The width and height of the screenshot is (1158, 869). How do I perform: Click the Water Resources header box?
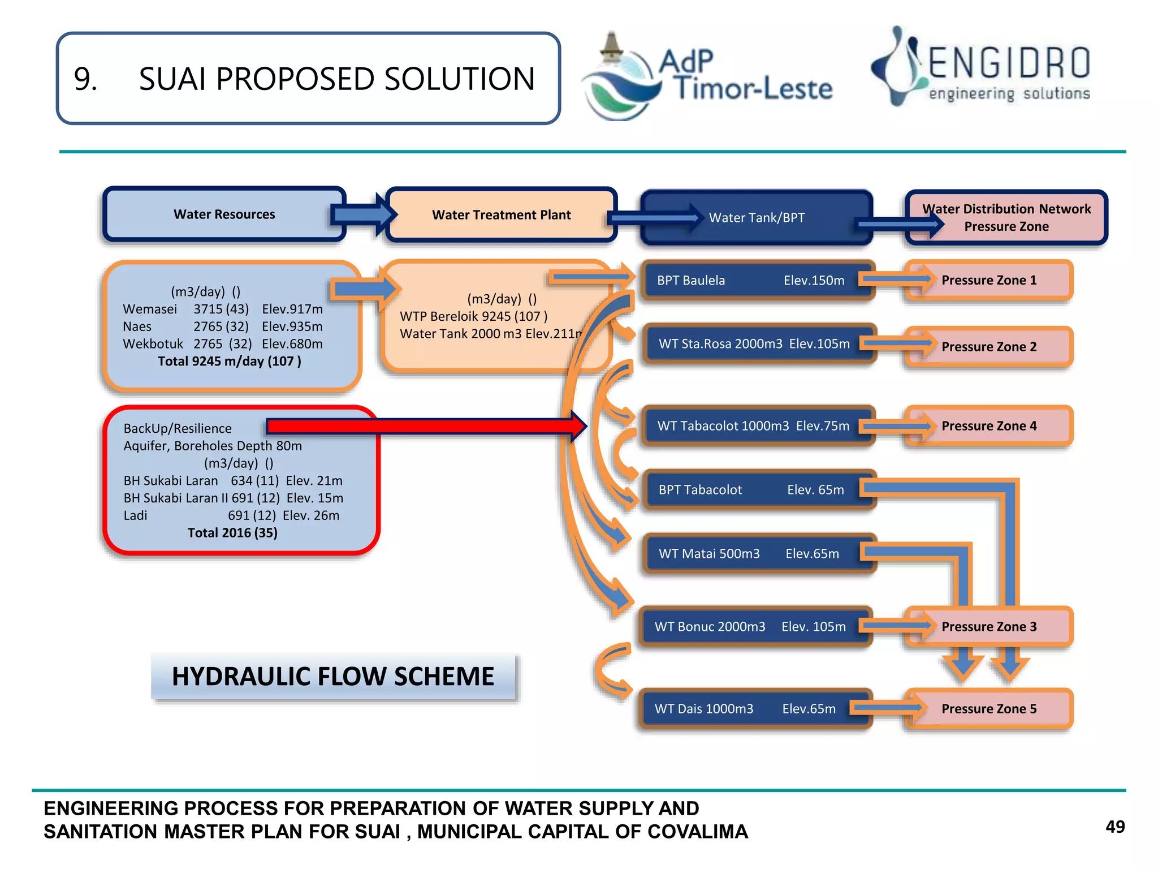tap(224, 214)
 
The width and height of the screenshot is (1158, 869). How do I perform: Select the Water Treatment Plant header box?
tap(501, 215)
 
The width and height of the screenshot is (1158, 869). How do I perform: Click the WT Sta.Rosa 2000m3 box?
tap(754, 343)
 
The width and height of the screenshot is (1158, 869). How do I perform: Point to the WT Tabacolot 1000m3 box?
tap(753, 425)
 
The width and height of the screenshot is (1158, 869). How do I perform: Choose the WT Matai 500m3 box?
tap(749, 553)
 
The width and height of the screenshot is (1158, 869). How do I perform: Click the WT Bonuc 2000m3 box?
tap(749, 626)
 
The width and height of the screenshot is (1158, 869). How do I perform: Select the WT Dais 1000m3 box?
tap(745, 708)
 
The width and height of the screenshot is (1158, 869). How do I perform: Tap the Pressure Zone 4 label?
tap(989, 425)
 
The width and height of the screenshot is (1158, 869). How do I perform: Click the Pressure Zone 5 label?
tap(989, 708)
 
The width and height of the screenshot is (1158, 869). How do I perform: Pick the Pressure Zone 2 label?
tap(989, 346)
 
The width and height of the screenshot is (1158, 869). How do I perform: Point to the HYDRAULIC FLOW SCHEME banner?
tap(333, 676)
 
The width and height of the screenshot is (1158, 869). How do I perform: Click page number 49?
tap(1115, 827)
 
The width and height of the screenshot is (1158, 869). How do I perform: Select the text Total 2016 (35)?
tap(232, 532)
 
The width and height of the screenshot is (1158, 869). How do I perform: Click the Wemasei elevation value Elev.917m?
tap(292, 309)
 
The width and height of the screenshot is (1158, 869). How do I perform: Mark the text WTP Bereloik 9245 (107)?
tap(473, 316)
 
